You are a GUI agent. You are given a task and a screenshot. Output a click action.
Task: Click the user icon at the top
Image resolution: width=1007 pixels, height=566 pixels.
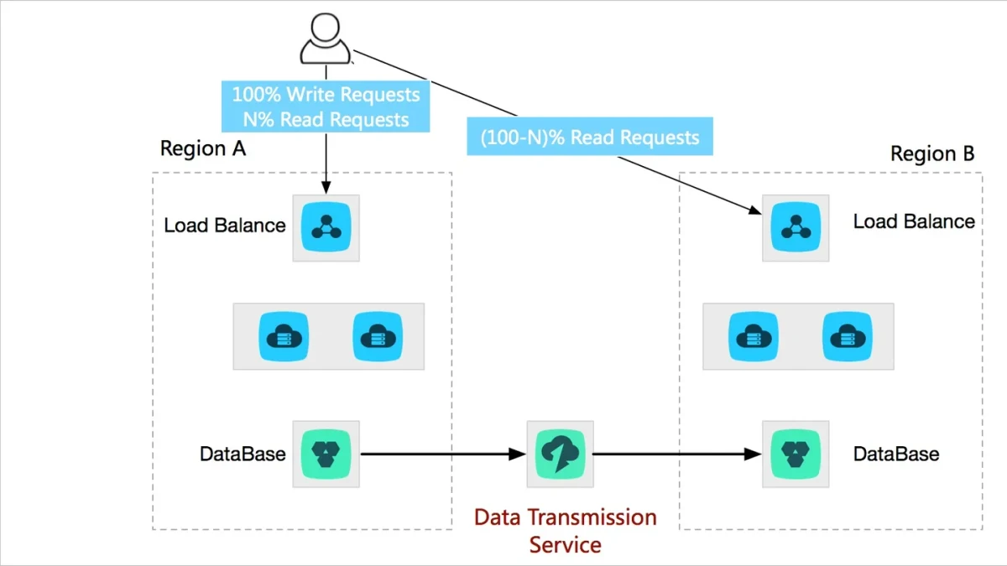(325, 39)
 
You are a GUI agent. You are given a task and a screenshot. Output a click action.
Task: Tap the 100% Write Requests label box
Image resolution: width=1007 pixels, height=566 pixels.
(326, 106)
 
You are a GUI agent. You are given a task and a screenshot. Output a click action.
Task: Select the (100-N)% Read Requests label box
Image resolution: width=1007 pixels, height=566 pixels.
(590, 137)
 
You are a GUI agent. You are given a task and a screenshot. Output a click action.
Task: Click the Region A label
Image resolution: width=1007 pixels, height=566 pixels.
(203, 148)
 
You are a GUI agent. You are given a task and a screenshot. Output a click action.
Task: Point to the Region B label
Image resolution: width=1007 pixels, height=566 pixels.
(932, 153)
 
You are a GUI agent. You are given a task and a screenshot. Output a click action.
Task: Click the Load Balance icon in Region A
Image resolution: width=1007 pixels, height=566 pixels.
(326, 227)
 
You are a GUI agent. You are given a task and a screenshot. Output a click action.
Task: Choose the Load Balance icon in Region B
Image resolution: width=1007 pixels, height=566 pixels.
(796, 227)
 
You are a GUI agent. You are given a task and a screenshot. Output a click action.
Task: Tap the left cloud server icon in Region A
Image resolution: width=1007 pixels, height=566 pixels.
(284, 336)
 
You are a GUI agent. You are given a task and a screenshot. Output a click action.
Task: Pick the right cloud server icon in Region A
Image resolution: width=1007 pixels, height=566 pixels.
(378, 336)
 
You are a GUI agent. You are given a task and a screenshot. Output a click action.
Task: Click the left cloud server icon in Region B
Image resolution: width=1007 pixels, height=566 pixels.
(754, 336)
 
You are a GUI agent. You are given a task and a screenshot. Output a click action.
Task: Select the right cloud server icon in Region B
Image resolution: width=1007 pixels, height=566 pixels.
(848, 336)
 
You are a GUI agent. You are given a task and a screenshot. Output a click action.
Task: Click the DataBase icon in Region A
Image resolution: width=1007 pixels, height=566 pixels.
(326, 454)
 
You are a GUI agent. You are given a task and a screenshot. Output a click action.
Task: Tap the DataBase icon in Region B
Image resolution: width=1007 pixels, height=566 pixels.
(796, 454)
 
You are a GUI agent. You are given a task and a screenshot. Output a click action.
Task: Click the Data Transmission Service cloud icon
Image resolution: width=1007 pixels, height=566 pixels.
(561, 454)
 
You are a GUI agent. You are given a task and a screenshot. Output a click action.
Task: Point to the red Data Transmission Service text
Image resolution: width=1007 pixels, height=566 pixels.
(566, 531)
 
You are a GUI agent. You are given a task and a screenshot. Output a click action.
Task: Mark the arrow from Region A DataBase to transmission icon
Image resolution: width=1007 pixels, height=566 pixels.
(443, 454)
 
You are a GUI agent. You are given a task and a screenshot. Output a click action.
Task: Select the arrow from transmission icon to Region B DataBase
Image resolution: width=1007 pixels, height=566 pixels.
(677, 454)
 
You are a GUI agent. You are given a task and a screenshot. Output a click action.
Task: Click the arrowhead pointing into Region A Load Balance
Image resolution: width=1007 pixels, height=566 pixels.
(326, 187)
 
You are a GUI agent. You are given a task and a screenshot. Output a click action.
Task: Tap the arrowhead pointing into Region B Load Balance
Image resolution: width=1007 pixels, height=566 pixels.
(754, 210)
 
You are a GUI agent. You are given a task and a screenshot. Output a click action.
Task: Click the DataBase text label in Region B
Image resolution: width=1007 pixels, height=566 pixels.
(896, 454)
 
